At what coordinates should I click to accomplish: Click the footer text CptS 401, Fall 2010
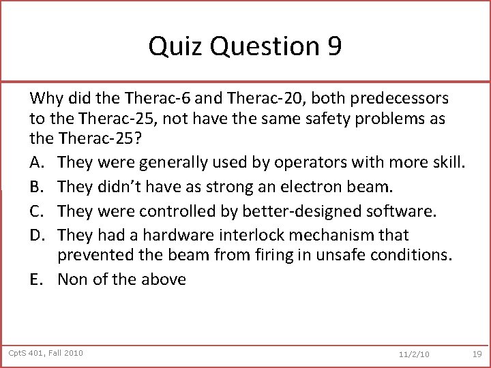pos(46,352)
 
